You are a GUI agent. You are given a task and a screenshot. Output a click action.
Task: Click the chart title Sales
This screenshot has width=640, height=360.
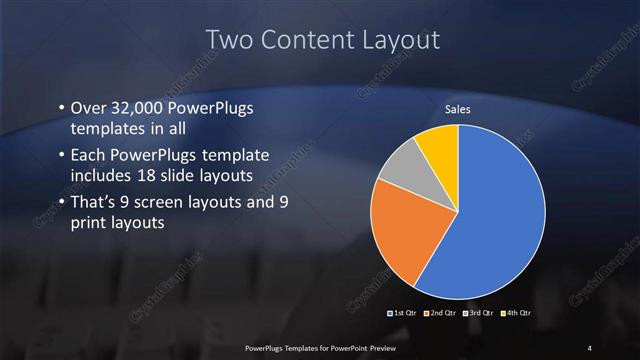click(x=457, y=109)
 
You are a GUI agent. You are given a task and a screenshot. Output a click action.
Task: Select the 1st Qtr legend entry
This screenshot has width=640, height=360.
click(x=402, y=314)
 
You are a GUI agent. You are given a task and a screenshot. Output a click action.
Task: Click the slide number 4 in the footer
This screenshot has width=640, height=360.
click(x=589, y=347)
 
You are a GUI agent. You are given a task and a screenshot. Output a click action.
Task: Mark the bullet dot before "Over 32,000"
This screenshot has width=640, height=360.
click(x=61, y=108)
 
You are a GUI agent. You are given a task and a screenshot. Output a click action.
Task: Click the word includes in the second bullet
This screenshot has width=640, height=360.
click(x=100, y=175)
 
